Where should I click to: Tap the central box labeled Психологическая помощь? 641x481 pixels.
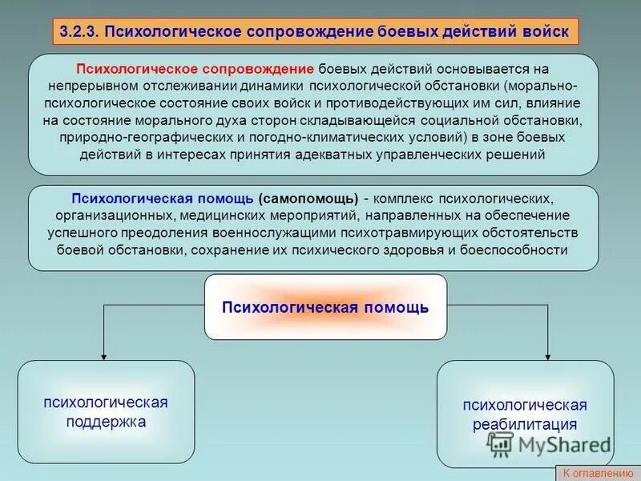[x=325, y=307]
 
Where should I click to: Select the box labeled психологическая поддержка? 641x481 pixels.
[x=106, y=412]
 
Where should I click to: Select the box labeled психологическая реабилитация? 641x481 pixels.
[x=525, y=414]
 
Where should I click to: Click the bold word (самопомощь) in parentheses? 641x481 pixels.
[x=308, y=198]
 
